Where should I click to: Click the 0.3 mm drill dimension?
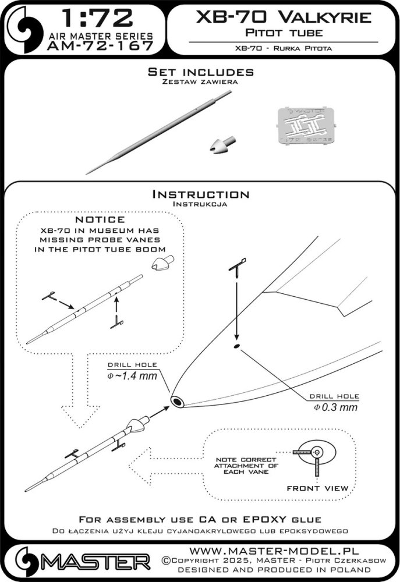coord(341,407)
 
